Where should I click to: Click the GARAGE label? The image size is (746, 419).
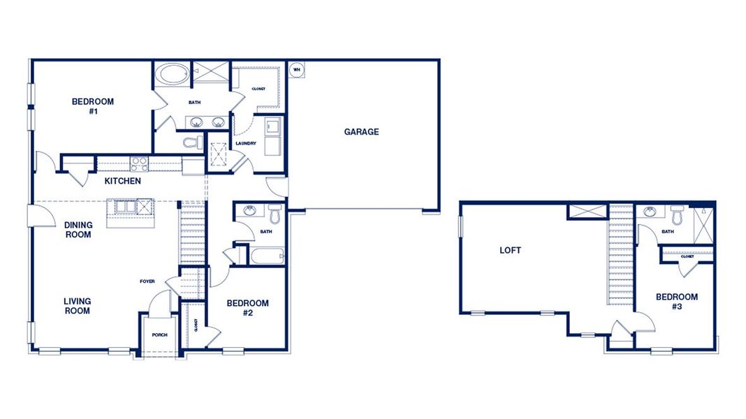coord(361,131)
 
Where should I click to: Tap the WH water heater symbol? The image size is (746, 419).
coord(295,69)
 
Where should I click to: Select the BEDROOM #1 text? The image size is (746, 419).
coord(92,106)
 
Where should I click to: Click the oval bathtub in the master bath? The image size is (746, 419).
coord(171,75)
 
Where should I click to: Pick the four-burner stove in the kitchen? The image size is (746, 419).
coord(139,164)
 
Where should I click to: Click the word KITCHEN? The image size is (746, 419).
coord(123,182)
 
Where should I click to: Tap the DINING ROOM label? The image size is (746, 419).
coord(78,230)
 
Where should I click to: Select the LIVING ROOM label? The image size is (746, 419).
coord(77,306)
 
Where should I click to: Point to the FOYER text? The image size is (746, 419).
coord(147,281)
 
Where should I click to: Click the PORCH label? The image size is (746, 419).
coord(160,335)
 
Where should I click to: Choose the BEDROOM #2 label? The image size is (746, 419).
coord(247,308)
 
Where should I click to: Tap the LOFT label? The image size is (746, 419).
coord(510,250)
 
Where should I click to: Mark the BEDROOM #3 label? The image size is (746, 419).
coord(676,302)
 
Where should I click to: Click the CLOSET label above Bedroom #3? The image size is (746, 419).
coord(687,256)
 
